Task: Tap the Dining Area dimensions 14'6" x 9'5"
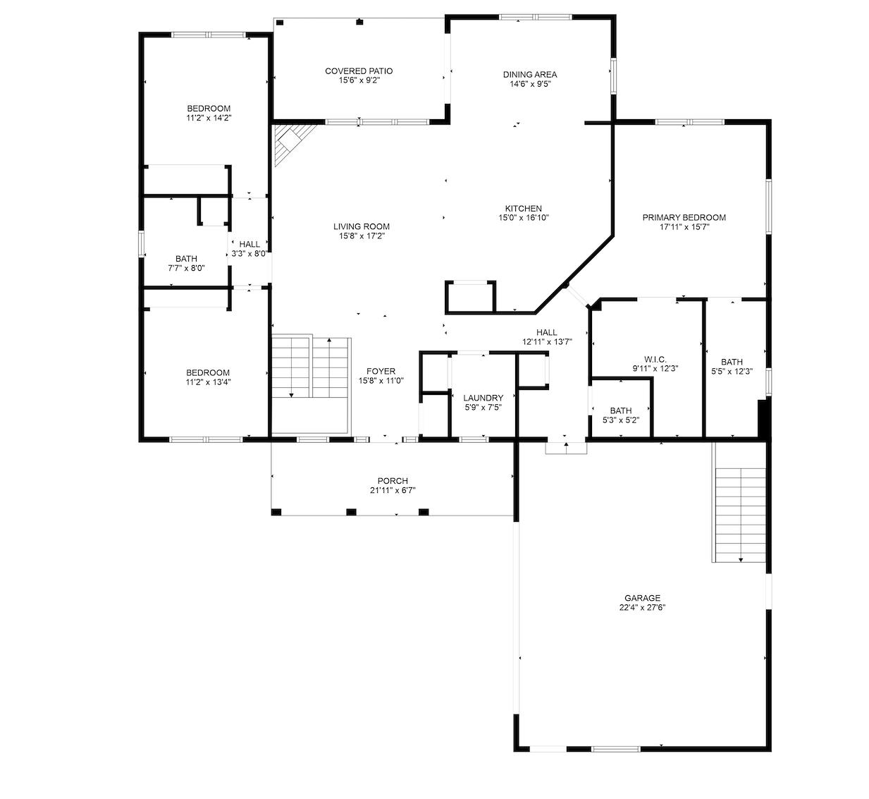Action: [x=530, y=84]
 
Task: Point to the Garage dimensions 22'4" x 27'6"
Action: [x=643, y=607]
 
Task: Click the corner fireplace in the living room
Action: [x=291, y=142]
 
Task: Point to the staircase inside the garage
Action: [x=739, y=515]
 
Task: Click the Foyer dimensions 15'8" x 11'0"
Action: [x=381, y=381]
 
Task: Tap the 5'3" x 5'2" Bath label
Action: [x=621, y=415]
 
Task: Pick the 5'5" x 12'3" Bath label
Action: [x=732, y=366]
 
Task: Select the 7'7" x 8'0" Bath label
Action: [x=186, y=263]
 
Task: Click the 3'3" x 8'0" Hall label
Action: [x=249, y=249]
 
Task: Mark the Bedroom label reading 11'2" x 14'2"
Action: [x=209, y=113]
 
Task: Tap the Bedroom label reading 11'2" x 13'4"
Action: [x=208, y=377]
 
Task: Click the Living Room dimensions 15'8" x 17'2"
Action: [x=362, y=236]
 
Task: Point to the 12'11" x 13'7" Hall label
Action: [x=547, y=337]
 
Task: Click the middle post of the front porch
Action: [x=351, y=511]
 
